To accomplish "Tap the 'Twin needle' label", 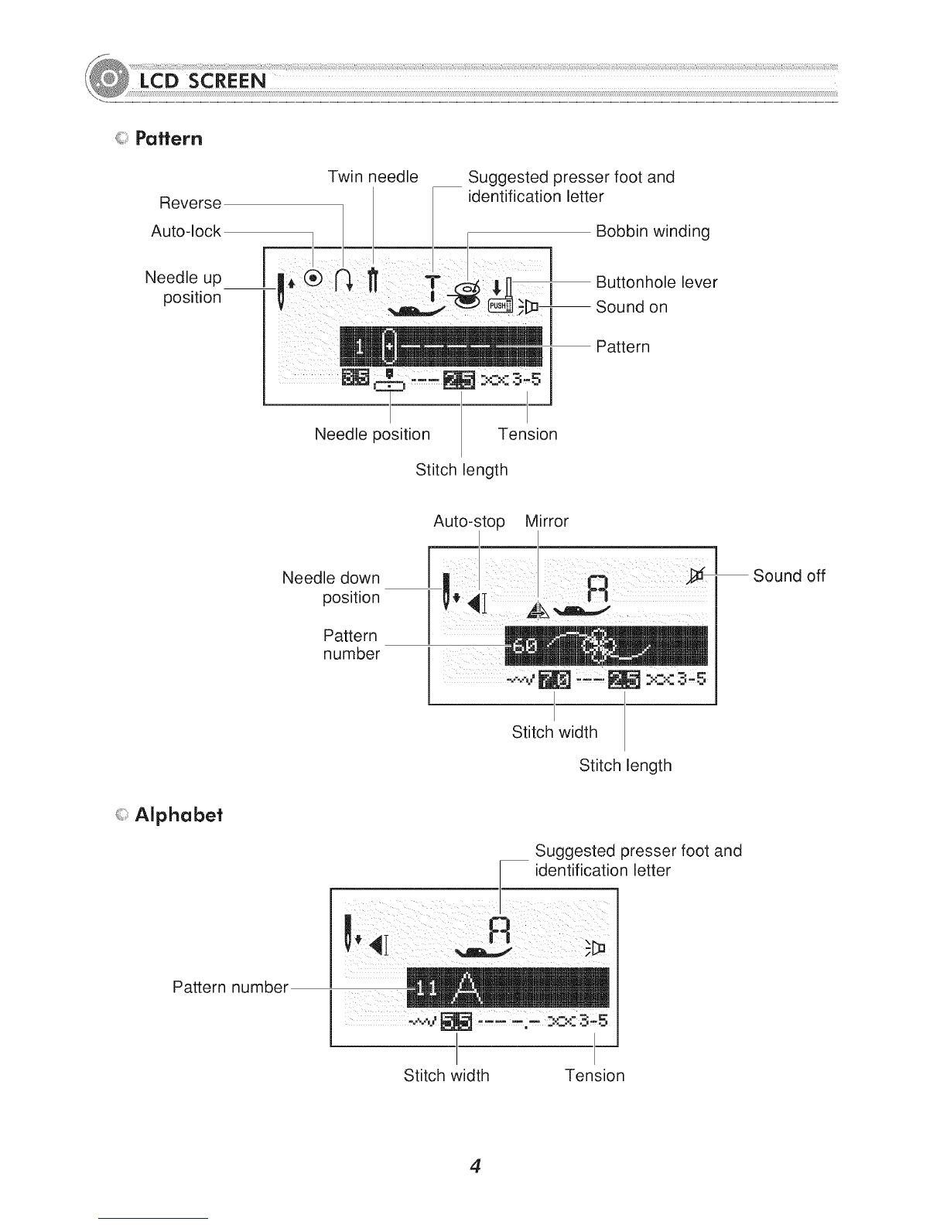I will click(373, 177).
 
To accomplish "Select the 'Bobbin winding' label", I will click(652, 231).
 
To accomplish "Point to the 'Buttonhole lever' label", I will click(656, 282).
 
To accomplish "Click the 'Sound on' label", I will click(631, 307).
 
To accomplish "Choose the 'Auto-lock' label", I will click(186, 231).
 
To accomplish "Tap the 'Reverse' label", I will click(190, 203).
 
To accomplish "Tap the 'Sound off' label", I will click(789, 576).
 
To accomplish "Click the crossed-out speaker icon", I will click(697, 574).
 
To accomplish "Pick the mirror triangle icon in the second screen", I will click(538, 610).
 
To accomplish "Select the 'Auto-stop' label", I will click(469, 521).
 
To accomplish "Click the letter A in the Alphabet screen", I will click(466, 987).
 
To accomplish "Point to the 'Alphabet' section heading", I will click(179, 815).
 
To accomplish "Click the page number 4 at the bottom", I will click(475, 1166).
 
